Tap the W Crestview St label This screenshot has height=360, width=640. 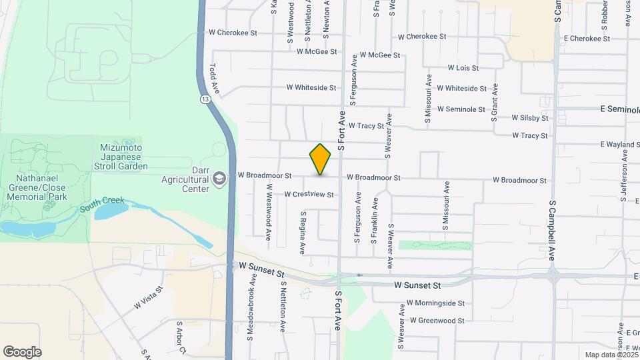tap(309, 195)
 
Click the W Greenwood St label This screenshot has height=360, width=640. tap(437, 321)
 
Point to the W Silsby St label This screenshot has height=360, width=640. tap(530, 118)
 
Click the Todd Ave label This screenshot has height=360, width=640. tap(215, 78)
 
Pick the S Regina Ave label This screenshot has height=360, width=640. tap(303, 233)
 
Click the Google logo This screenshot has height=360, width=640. tap(22, 352)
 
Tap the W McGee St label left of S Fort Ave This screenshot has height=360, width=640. tap(317, 51)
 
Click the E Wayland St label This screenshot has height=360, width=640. tap(619, 144)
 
